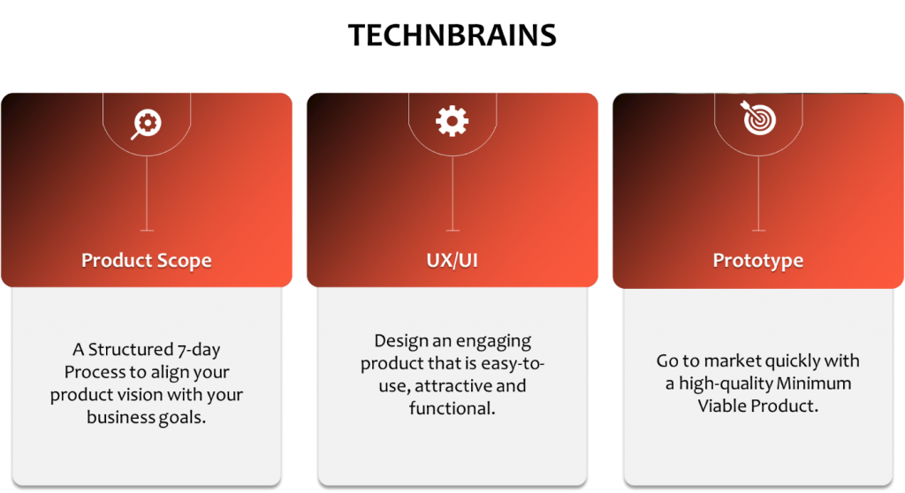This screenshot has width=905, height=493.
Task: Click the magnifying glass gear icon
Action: (x=146, y=124)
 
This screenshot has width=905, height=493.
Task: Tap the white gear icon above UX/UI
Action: (x=452, y=121)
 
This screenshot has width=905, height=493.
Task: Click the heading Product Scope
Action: (x=147, y=261)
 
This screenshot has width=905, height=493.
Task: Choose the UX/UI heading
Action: (x=452, y=261)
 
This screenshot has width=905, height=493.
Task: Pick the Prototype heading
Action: (x=757, y=261)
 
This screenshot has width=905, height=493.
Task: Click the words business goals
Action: (x=147, y=417)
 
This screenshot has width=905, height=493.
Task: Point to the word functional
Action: (x=450, y=408)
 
